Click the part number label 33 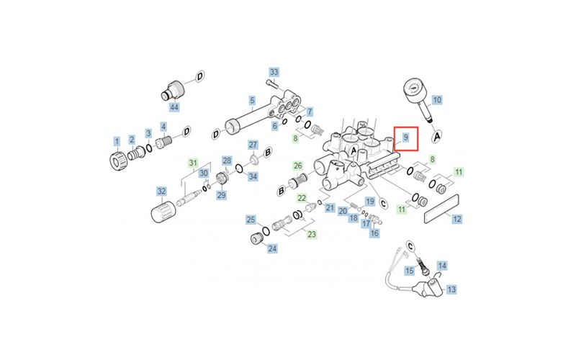pyautogui.click(x=274, y=73)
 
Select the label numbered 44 pyautogui.click(x=174, y=107)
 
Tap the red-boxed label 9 pyautogui.click(x=406, y=137)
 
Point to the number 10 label pyautogui.click(x=437, y=99)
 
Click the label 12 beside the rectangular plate pyautogui.click(x=456, y=218)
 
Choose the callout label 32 pyautogui.click(x=162, y=192)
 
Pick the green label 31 pyautogui.click(x=193, y=164)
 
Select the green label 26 pyautogui.click(x=298, y=166)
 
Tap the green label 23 pyautogui.click(x=312, y=234)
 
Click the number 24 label pyautogui.click(x=272, y=249)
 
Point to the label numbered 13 pyautogui.click(x=452, y=289)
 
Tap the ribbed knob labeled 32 pyautogui.click(x=162, y=214)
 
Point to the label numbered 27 pyautogui.click(x=253, y=145)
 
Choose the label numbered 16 pyautogui.click(x=374, y=233)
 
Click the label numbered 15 pyautogui.click(x=409, y=271)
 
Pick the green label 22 pyautogui.click(x=302, y=198)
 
